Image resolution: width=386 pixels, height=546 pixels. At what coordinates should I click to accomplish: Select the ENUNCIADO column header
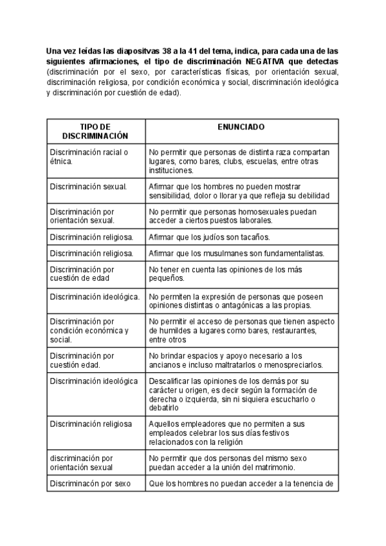point(241,127)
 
